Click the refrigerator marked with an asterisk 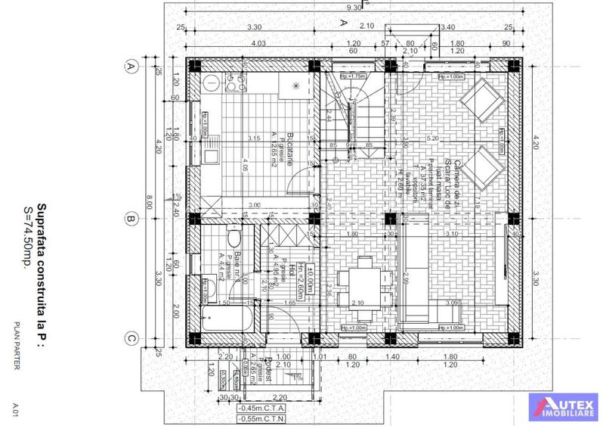297,86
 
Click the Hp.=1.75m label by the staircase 353,76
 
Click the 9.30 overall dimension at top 354,7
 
